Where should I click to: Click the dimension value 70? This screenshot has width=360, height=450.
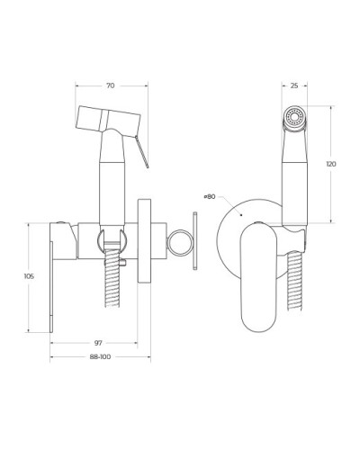(x=110, y=86)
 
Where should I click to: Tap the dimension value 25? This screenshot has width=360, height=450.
(x=294, y=86)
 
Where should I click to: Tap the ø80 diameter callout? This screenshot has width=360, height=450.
(x=209, y=195)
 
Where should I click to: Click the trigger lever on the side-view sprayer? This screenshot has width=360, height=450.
(x=139, y=150)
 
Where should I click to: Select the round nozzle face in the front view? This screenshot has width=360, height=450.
(x=293, y=118)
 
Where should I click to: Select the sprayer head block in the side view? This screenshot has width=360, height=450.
(x=108, y=119)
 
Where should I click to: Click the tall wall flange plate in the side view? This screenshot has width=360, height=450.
(x=144, y=240)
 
